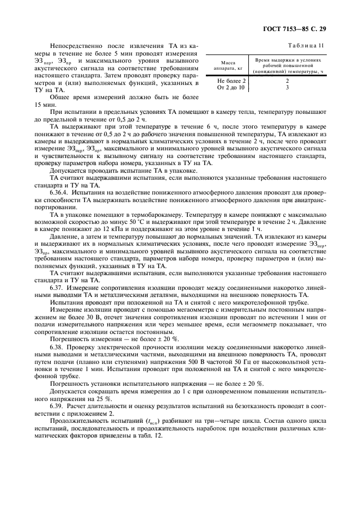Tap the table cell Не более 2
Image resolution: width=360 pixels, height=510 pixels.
(x=231, y=80)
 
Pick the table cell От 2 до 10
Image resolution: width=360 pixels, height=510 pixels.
(x=231, y=87)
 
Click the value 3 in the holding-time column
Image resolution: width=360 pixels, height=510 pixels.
(x=286, y=87)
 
